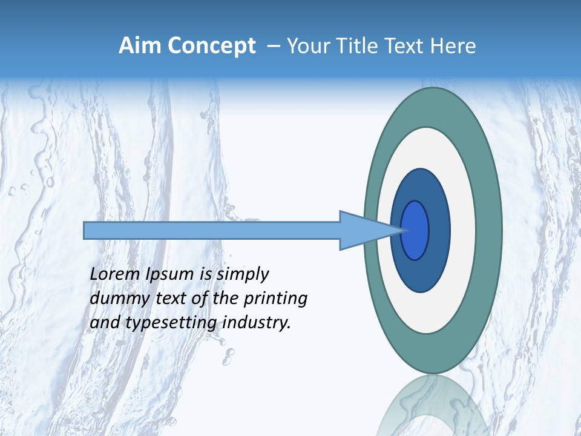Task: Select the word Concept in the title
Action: tap(211, 46)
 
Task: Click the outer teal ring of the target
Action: tap(489, 230)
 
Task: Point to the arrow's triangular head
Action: tap(363, 230)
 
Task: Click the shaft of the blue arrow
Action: tap(212, 230)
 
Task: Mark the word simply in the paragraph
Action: tap(242, 274)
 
